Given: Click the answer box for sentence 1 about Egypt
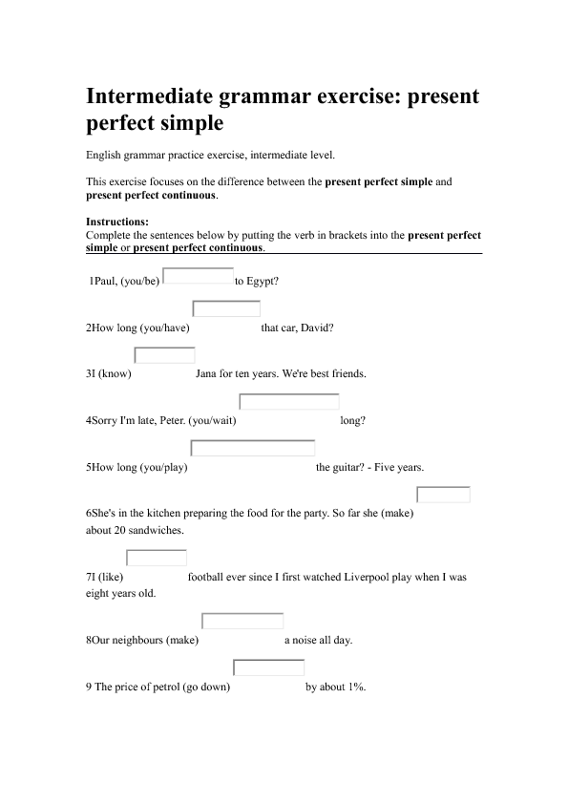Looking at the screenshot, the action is coord(199,276).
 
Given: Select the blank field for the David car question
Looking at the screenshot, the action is coord(226,308).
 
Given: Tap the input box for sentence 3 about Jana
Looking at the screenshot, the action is coord(164,355).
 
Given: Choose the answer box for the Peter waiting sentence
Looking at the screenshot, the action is coord(289,402).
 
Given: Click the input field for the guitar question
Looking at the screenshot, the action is coord(253,448).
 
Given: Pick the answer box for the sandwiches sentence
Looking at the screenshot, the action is coord(444,495).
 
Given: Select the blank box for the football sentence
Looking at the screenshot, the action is coord(157,558).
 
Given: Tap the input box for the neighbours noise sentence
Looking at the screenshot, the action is coord(242,621).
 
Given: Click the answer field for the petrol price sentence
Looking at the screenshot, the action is coord(268,667).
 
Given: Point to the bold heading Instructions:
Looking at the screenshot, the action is coord(117,222).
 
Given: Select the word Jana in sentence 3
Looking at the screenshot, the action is coord(206,374).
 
